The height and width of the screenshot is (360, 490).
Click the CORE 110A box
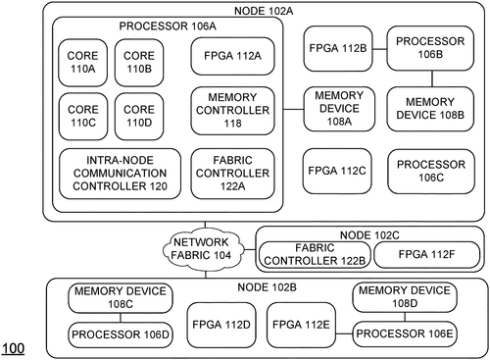tap(81, 61)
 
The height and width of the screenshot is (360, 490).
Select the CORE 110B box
tap(136, 61)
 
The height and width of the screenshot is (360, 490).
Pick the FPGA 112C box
tap(336, 169)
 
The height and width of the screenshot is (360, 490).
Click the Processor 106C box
tap(427, 169)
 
